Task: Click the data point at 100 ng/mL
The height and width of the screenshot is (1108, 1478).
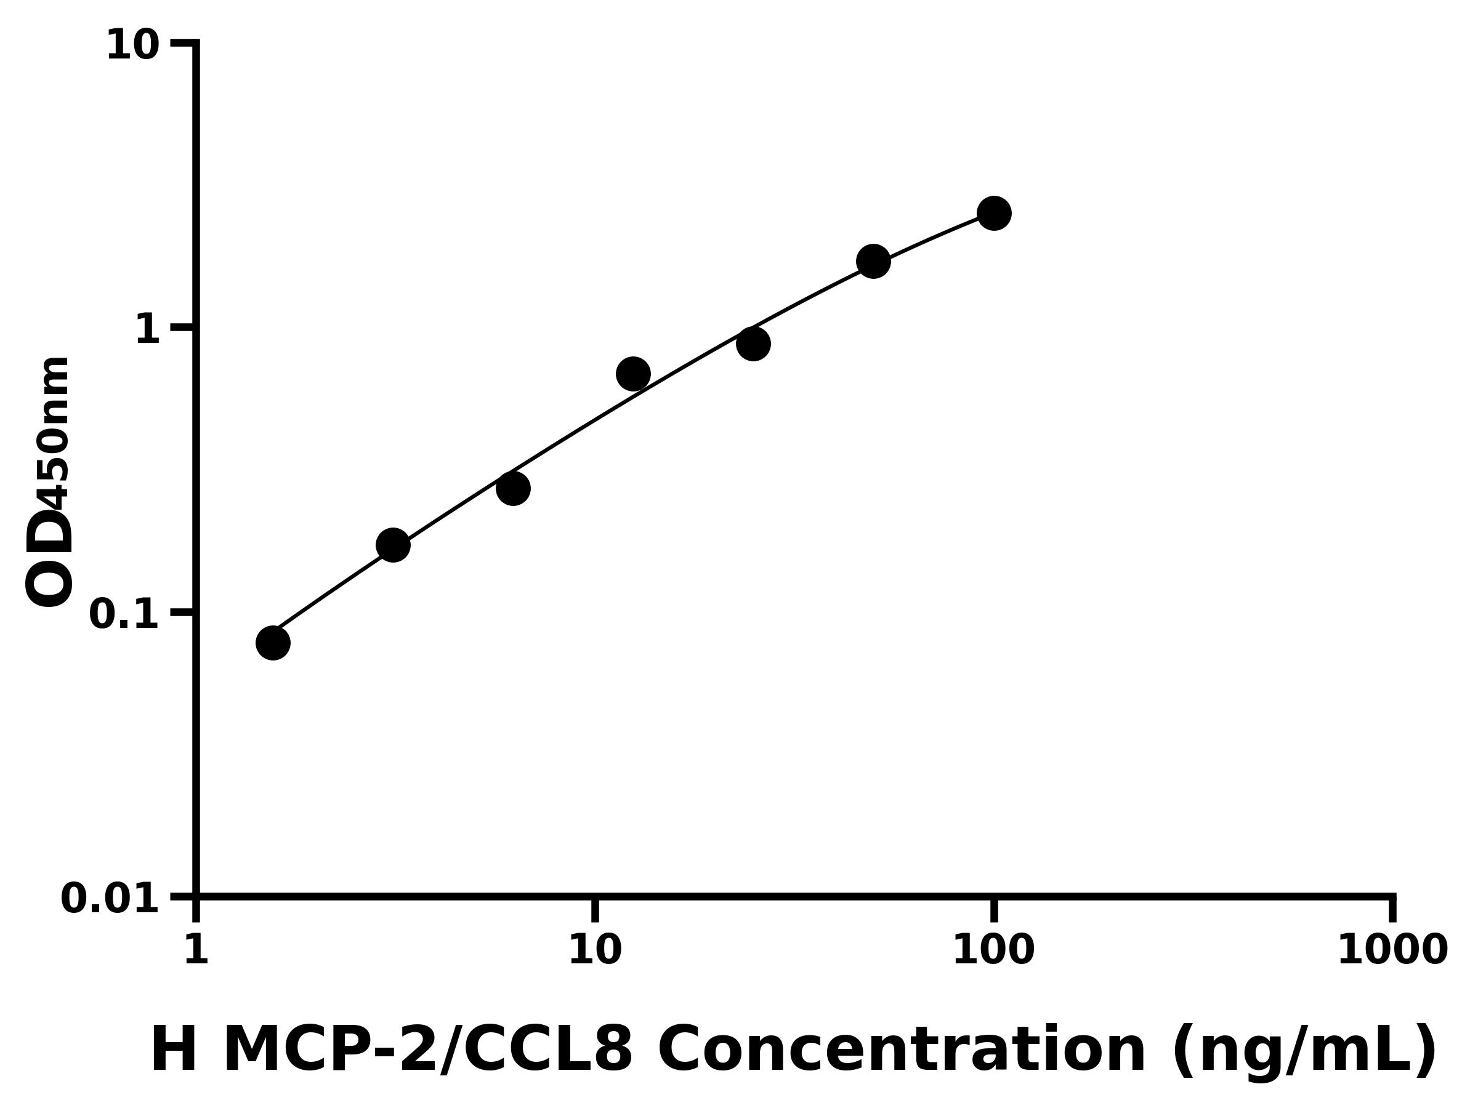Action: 993,213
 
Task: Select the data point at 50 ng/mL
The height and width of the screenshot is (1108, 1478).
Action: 873,260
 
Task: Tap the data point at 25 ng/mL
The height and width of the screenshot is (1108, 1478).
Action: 753,344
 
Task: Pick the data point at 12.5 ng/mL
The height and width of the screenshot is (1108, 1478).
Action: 632,374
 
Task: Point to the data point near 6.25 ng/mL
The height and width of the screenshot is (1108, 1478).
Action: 513,488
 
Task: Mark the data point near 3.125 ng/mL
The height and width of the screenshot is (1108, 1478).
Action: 393,545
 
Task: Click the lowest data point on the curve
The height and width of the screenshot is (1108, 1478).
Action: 273,643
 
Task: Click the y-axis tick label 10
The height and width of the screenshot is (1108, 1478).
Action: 133,46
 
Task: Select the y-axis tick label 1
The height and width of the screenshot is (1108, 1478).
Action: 148,329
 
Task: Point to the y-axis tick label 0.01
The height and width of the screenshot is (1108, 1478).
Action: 110,898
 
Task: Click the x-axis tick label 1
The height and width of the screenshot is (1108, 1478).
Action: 196,950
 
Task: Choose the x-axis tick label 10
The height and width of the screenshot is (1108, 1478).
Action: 595,950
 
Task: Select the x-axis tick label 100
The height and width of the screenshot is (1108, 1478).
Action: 993,950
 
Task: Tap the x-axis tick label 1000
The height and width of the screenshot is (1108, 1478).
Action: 1392,950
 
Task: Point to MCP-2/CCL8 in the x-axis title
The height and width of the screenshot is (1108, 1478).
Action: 427,1050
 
